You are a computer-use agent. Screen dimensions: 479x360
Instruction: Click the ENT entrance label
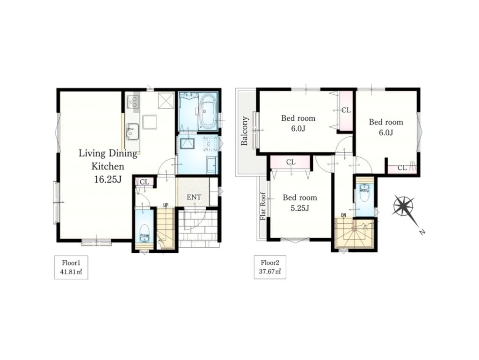(x=194, y=198)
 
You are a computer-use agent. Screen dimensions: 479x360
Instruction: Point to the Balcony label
(x=244, y=131)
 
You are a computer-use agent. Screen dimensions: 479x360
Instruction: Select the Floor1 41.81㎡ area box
(x=71, y=267)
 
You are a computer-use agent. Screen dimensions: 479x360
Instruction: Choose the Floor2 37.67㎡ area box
(x=270, y=267)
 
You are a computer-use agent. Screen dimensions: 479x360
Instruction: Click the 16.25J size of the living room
(x=108, y=179)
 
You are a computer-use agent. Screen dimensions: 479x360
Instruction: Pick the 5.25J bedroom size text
(x=300, y=208)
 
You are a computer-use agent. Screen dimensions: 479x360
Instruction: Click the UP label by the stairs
(x=166, y=205)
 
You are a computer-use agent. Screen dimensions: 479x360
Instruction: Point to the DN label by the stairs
(x=344, y=215)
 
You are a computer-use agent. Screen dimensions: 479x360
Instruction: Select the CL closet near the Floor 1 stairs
(x=144, y=182)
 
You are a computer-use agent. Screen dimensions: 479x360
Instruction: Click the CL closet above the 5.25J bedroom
(x=291, y=162)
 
